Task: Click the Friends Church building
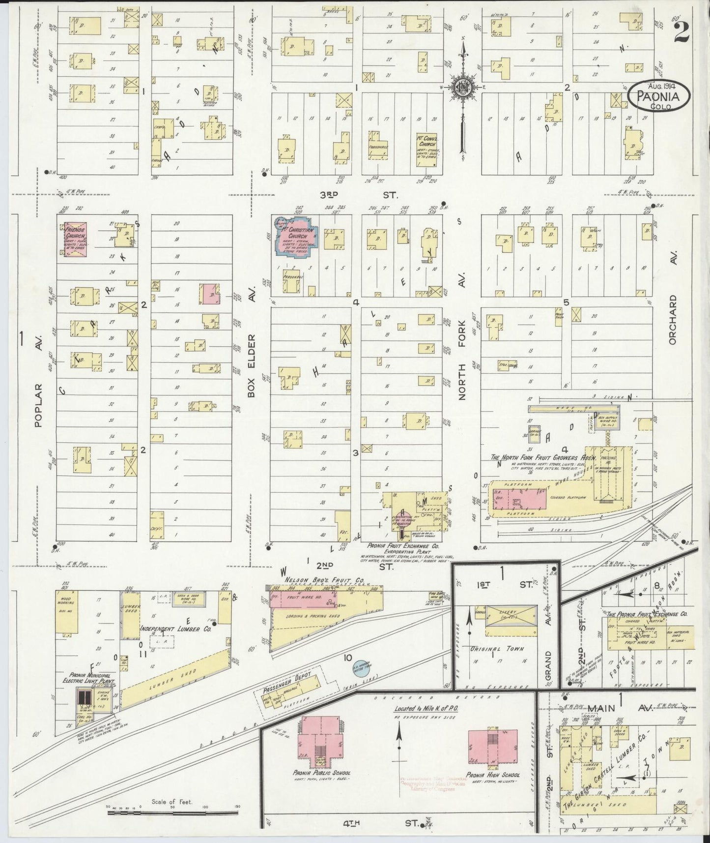76,239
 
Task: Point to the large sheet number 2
682,33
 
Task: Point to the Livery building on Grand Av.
510,621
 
